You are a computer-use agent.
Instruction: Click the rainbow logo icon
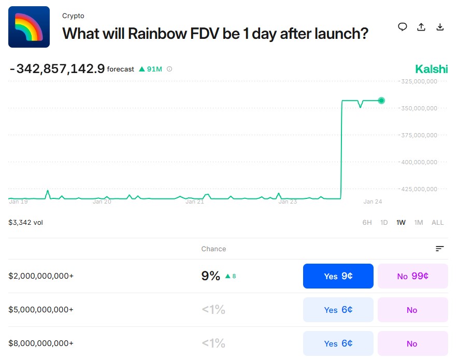29,27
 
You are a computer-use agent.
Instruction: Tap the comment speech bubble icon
403,27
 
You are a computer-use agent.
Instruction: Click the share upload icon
421,27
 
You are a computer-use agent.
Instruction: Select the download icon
440,27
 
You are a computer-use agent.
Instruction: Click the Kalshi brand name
431,69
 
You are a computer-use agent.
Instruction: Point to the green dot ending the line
381,100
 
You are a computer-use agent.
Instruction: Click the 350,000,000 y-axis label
420,108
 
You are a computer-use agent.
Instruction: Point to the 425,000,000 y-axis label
420,189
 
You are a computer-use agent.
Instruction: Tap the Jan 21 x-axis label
195,201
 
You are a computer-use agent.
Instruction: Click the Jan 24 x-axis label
373,201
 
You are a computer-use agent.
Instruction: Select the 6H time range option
367,223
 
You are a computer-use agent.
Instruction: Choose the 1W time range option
401,223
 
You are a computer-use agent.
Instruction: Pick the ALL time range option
437,223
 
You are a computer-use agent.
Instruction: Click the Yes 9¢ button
338,276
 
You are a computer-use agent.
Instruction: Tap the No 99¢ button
412,276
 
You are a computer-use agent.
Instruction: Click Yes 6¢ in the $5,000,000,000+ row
338,310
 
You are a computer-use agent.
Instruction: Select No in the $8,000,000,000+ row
412,343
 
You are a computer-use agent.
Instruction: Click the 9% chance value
211,276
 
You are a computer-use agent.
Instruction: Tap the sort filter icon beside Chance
440,249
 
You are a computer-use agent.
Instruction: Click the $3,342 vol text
26,223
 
